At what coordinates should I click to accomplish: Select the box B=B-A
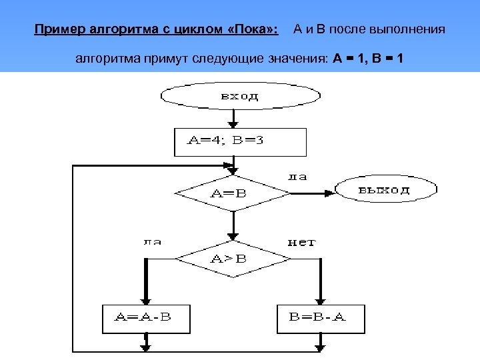321,319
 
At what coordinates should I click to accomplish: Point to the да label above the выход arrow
297,177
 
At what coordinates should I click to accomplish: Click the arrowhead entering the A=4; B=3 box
233,124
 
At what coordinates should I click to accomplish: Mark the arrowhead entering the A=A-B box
145,301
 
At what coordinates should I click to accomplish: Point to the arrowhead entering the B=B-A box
321,301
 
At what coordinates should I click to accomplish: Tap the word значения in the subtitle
297,59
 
